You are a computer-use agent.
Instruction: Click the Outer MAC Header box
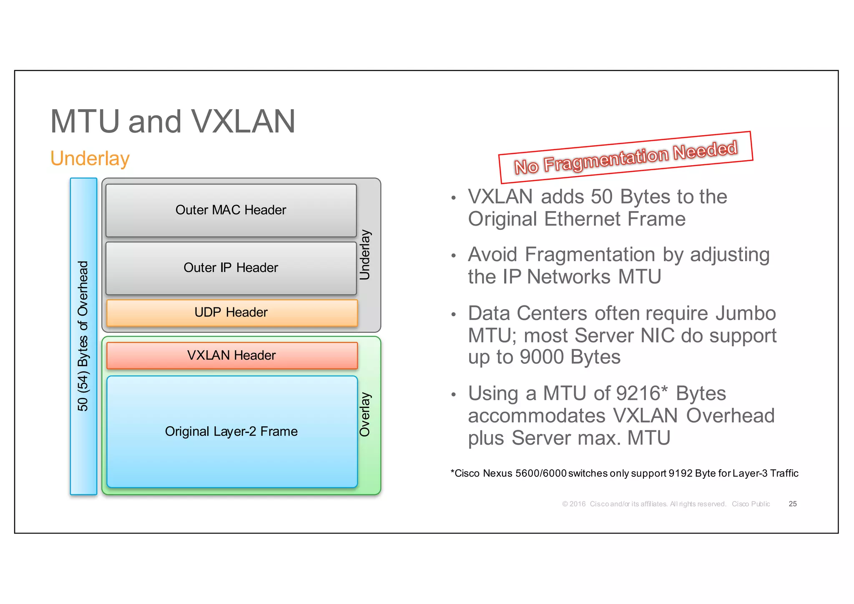[x=231, y=210]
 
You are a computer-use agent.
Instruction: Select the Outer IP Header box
[x=231, y=268]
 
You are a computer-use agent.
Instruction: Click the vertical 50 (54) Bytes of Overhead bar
[x=83, y=336]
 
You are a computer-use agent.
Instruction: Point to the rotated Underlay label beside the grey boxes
[x=365, y=254]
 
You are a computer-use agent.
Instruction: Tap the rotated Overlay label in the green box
[x=365, y=414]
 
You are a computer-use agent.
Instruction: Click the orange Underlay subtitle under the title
[x=90, y=159]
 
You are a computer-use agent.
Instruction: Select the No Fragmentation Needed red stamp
[x=625, y=157]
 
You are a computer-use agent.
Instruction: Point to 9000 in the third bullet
[x=542, y=357]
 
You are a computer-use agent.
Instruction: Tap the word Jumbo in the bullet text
[x=746, y=313]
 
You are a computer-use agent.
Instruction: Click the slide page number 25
[x=792, y=504]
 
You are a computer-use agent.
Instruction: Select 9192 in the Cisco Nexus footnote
[x=681, y=473]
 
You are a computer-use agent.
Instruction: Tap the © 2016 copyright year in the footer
[x=574, y=504]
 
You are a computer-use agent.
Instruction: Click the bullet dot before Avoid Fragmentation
[x=453, y=256]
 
